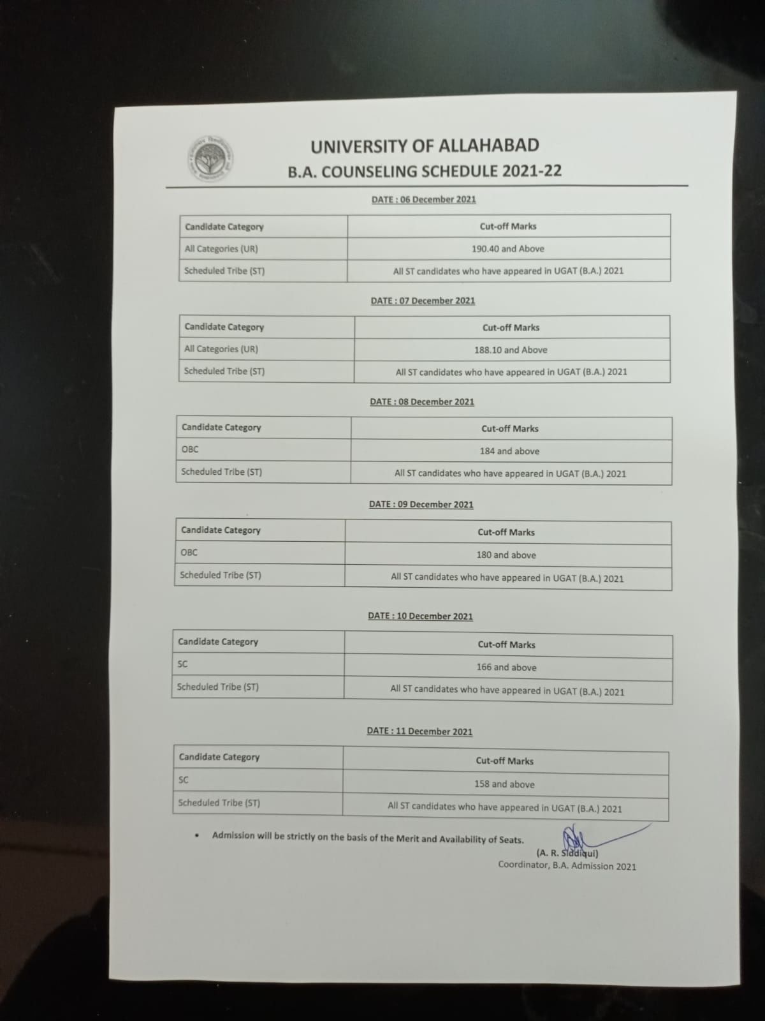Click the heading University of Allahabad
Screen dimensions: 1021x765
click(425, 146)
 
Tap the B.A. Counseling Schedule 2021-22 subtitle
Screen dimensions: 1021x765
click(425, 171)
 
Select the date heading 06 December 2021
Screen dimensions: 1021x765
click(423, 199)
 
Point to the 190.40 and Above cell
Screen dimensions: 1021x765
click(508, 249)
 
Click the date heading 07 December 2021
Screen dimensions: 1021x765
click(423, 301)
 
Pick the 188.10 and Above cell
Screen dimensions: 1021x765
click(511, 350)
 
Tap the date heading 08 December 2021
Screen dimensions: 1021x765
click(422, 402)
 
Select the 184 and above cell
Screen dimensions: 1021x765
click(509, 451)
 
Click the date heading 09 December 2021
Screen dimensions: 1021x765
click(421, 504)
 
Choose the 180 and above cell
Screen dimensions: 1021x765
click(506, 555)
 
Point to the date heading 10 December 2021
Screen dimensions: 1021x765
click(420, 616)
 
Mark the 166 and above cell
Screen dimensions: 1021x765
click(506, 667)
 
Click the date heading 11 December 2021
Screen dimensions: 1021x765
click(419, 731)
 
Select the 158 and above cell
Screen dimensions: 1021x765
click(504, 784)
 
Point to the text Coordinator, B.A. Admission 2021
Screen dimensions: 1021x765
click(567, 866)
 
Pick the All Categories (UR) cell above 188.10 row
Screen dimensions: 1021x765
click(221, 349)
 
